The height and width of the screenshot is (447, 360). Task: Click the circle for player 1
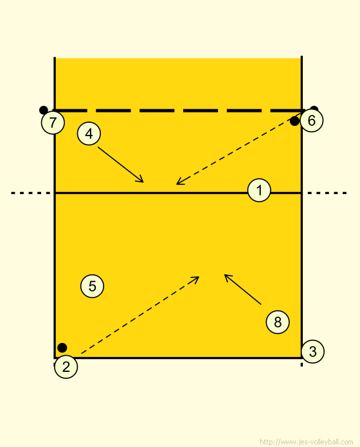(x=259, y=190)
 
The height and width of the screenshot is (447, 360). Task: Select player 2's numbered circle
(x=66, y=367)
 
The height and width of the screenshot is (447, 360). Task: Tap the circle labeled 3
(x=312, y=351)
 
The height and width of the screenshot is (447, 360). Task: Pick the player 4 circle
(x=89, y=134)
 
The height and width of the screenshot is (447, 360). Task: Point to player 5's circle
(x=92, y=286)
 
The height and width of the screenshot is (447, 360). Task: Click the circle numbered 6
(x=312, y=120)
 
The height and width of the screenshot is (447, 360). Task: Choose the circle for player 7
(x=53, y=122)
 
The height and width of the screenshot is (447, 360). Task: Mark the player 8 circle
(x=278, y=322)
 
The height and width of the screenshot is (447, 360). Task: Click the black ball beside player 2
(x=62, y=347)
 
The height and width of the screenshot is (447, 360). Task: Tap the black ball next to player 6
(x=294, y=121)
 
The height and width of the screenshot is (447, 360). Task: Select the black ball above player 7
(x=43, y=110)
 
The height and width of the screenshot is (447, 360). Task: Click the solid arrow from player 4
(x=121, y=164)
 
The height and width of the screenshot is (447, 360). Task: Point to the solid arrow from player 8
(x=243, y=290)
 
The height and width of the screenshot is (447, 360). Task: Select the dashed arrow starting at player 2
(x=140, y=315)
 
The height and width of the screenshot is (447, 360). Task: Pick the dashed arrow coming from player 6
(x=239, y=149)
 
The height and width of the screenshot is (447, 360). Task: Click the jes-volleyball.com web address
(x=307, y=442)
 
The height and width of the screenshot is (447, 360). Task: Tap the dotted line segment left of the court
(x=31, y=193)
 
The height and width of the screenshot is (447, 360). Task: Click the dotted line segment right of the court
(x=327, y=193)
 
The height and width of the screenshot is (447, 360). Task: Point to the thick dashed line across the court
(x=178, y=110)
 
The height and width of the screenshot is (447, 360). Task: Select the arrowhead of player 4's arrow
(x=140, y=179)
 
